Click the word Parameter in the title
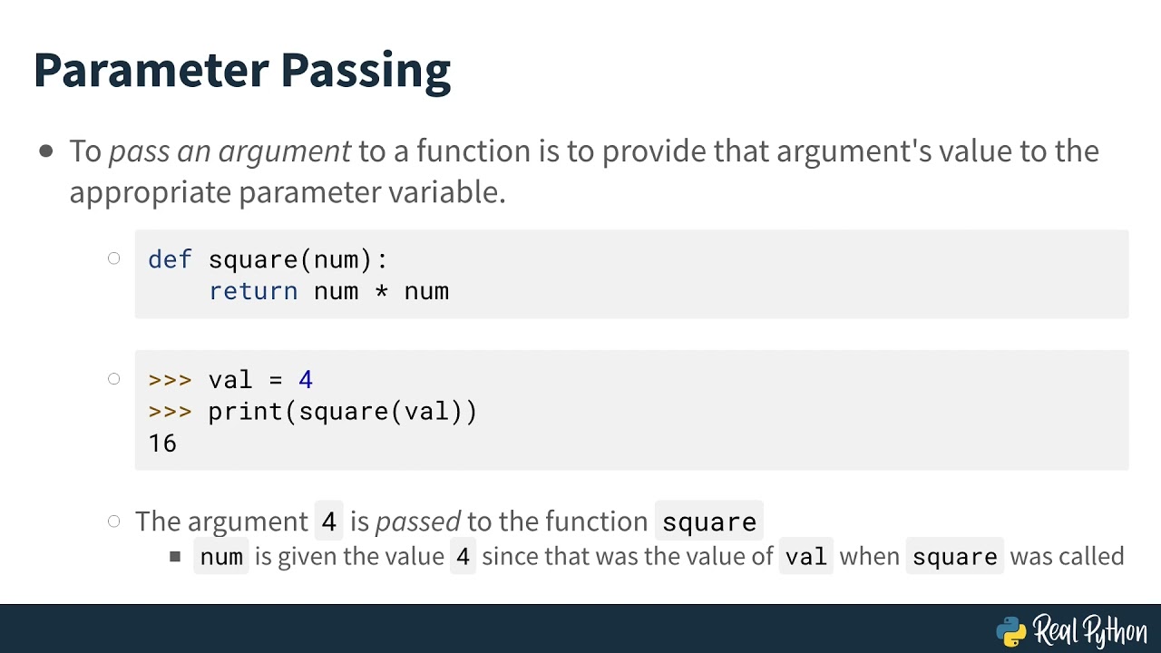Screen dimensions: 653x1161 point(151,70)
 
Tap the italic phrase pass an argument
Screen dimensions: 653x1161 point(229,151)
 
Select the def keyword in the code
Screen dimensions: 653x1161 point(170,259)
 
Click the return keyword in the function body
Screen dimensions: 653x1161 point(253,291)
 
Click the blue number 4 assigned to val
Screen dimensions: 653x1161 point(306,380)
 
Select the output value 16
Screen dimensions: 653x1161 point(162,443)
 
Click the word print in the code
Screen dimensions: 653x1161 point(245,412)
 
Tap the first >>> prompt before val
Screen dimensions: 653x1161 point(170,380)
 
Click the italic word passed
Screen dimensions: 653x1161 point(418,521)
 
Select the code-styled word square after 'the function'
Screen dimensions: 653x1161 point(708,522)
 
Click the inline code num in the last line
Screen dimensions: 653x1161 point(221,556)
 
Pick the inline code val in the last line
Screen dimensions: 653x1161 point(806,556)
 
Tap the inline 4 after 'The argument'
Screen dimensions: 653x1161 point(328,522)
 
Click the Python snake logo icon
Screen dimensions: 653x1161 point(1010,630)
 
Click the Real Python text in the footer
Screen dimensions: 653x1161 point(1089,629)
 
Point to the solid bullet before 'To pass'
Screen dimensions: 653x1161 point(46,151)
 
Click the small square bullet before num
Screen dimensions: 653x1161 point(175,556)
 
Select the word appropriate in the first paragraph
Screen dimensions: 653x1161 point(151,192)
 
